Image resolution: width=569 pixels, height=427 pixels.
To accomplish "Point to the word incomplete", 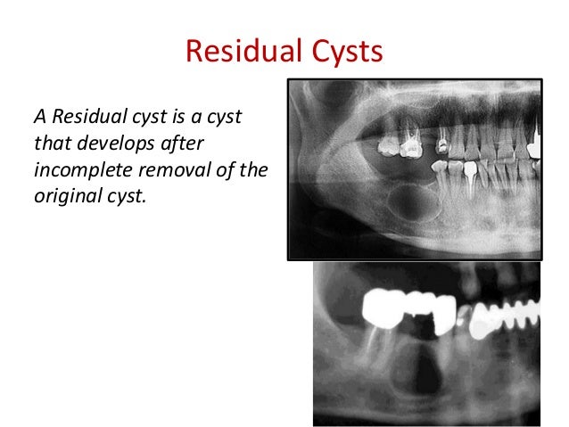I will click(x=77, y=168).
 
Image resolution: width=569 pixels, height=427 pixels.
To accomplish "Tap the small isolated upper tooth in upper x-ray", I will click(x=441, y=140).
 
